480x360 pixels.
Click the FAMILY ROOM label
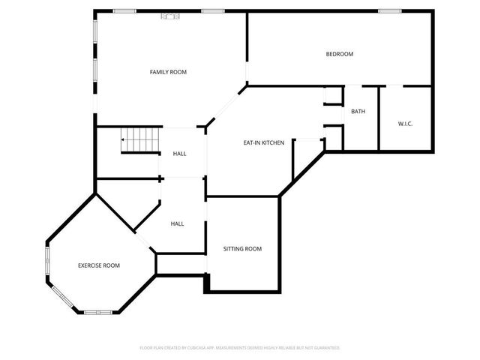pos(168,72)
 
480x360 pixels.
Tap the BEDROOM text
pos(339,54)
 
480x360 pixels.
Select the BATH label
pos(358,112)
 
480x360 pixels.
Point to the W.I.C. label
pos(405,124)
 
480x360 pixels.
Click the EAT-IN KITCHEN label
pos(263,142)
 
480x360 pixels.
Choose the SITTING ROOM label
pos(242,248)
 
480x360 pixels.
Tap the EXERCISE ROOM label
pos(99,265)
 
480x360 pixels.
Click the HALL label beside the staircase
pos(180,154)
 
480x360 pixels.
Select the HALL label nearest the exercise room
pos(177,223)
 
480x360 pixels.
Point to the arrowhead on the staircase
pos(123,139)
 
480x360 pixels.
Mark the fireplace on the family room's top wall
pos(172,13)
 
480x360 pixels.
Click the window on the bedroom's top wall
pos(388,11)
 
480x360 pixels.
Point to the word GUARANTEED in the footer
pos(324,348)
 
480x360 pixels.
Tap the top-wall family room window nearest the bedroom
pos(213,11)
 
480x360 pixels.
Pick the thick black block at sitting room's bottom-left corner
pos(208,283)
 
